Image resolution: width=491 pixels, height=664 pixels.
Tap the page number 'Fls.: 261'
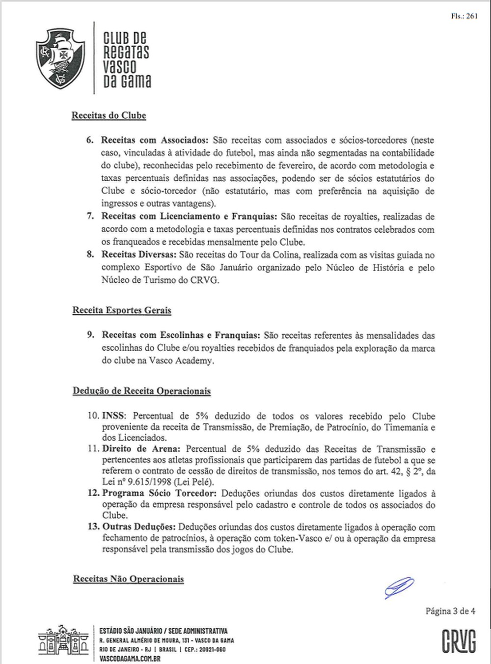(464, 16)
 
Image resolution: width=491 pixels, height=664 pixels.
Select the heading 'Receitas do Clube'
(109, 116)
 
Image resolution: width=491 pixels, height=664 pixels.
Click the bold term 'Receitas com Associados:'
(155, 140)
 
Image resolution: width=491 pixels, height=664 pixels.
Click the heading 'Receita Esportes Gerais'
(122, 310)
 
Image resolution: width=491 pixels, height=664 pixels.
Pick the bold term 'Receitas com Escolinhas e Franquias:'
(181, 335)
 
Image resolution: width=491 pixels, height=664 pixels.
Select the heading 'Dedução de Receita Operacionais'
(142, 391)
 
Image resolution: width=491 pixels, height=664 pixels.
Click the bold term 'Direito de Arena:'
(141, 449)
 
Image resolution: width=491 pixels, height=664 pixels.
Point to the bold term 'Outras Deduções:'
(138, 527)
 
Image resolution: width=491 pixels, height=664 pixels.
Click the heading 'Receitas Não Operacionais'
(129, 579)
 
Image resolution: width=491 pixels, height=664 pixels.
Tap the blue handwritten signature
(399, 587)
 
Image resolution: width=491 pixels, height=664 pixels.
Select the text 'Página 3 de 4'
(450, 611)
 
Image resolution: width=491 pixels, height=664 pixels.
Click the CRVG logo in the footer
(459, 641)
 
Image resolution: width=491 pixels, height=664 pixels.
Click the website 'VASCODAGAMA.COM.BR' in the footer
(130, 658)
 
